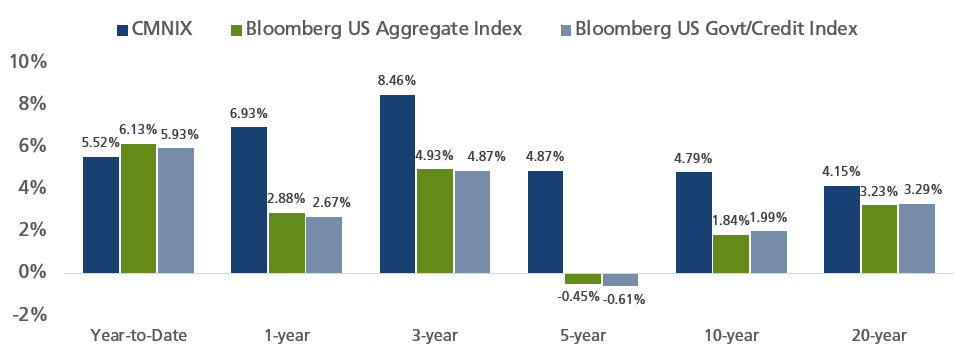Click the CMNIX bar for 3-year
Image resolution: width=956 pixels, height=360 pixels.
point(397,184)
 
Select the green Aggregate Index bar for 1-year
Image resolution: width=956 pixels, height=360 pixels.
point(287,243)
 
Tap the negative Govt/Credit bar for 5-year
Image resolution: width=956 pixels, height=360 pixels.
point(620,279)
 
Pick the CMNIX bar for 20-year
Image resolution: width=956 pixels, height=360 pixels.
point(841,229)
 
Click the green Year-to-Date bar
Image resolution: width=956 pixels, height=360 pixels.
point(138,209)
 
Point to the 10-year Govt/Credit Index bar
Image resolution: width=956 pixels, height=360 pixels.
point(769,252)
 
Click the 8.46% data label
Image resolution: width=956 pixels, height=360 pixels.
point(397,80)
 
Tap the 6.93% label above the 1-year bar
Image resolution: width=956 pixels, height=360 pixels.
point(249,113)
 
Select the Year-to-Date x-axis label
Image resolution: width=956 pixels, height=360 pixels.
point(138,335)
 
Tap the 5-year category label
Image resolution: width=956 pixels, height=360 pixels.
point(583,336)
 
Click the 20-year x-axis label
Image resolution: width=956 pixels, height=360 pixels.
point(880,336)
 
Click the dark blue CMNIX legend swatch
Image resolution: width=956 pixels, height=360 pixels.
point(122,29)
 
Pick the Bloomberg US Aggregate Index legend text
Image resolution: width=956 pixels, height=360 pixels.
point(384,29)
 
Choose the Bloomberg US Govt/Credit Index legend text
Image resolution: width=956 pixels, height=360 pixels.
point(716,29)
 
